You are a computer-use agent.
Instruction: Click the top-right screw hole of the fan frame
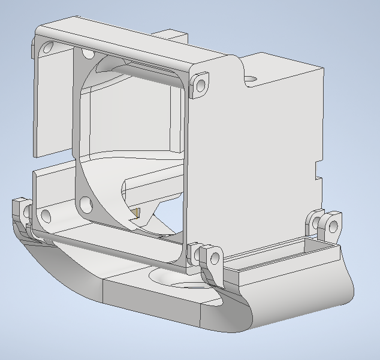click(x=200, y=81)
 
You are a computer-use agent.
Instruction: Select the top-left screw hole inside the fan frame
click(x=88, y=55)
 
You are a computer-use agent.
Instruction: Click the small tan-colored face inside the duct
click(x=137, y=213)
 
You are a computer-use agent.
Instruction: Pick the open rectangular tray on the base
click(x=282, y=252)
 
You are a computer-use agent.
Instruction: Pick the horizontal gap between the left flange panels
click(x=54, y=162)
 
